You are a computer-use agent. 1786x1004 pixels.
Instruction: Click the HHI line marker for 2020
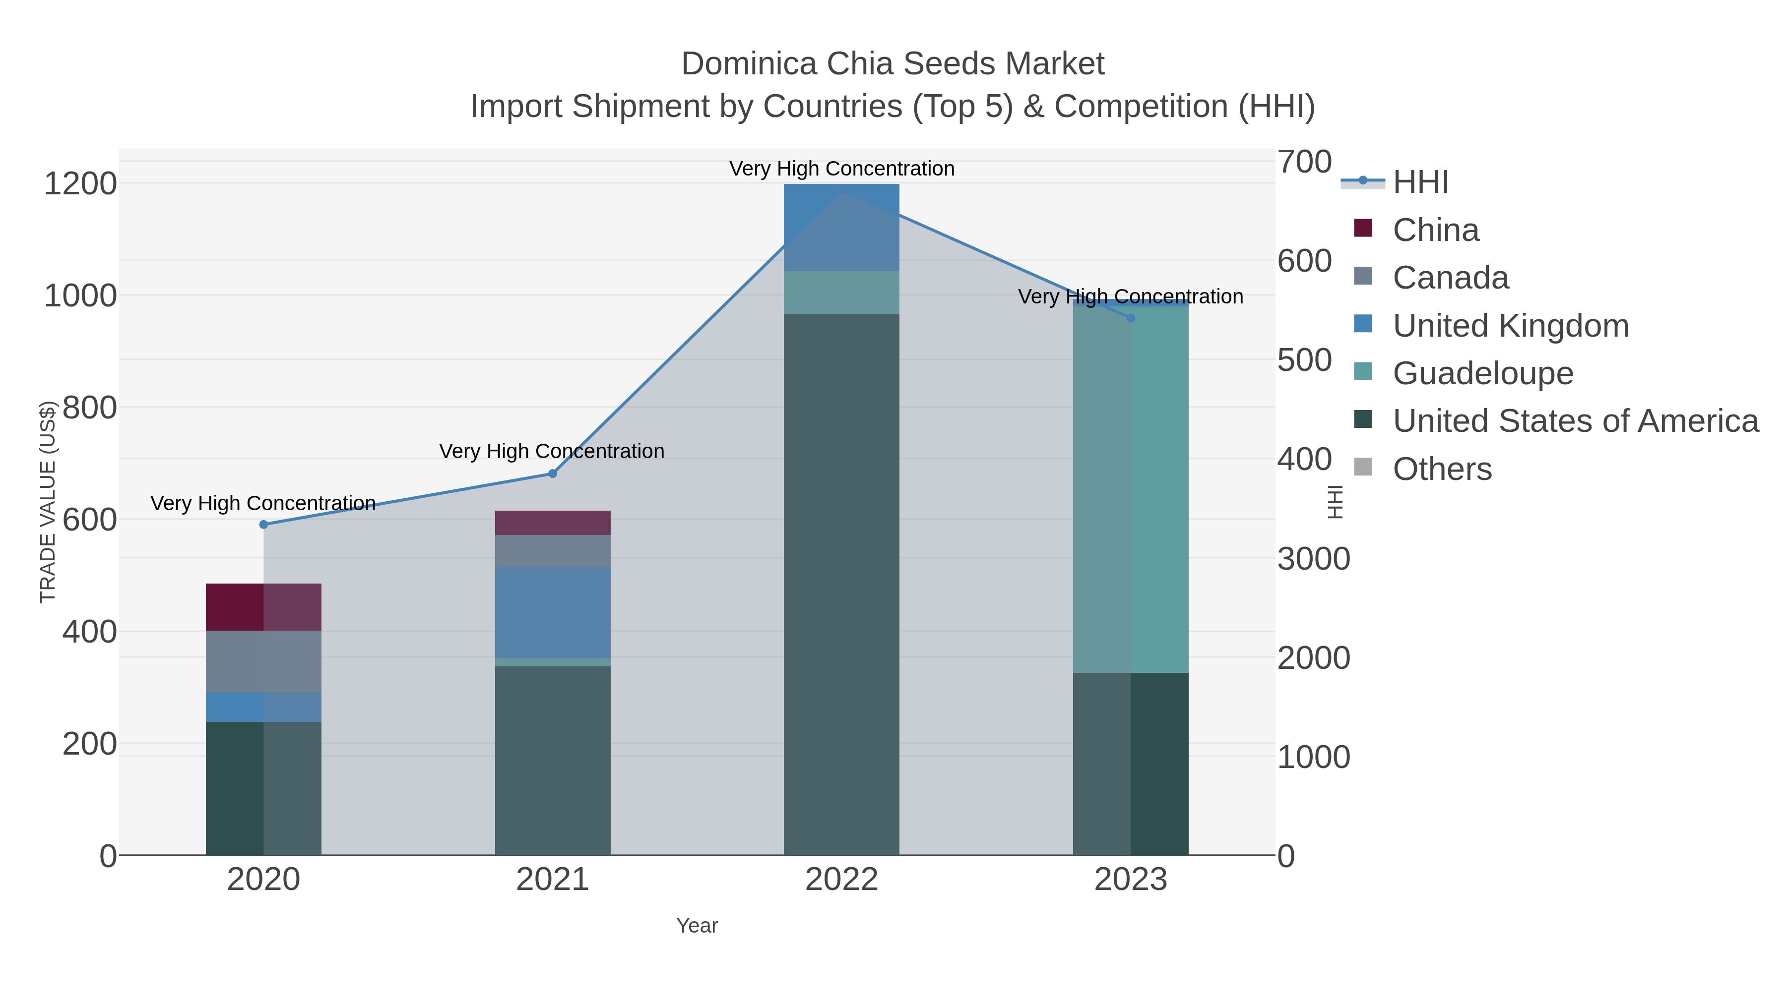click(263, 525)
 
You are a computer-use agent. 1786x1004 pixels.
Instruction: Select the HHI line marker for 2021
click(553, 474)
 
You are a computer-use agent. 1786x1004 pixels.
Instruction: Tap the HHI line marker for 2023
click(1131, 318)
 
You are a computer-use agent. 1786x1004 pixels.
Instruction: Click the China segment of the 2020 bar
click(263, 607)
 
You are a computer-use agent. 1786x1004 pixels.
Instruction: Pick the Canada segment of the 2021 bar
click(553, 551)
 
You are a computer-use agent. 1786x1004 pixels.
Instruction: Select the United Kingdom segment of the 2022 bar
click(841, 227)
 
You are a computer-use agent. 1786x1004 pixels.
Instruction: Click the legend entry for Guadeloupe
click(1482, 373)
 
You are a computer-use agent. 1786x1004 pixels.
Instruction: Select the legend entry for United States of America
click(1574, 421)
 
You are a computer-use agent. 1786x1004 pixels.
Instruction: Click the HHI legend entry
click(1420, 182)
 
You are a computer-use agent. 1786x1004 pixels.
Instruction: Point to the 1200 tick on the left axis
click(80, 184)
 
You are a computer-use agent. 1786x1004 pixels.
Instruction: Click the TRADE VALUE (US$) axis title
click(48, 502)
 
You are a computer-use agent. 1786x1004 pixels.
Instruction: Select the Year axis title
click(697, 926)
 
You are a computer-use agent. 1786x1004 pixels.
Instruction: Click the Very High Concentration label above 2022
click(841, 169)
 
